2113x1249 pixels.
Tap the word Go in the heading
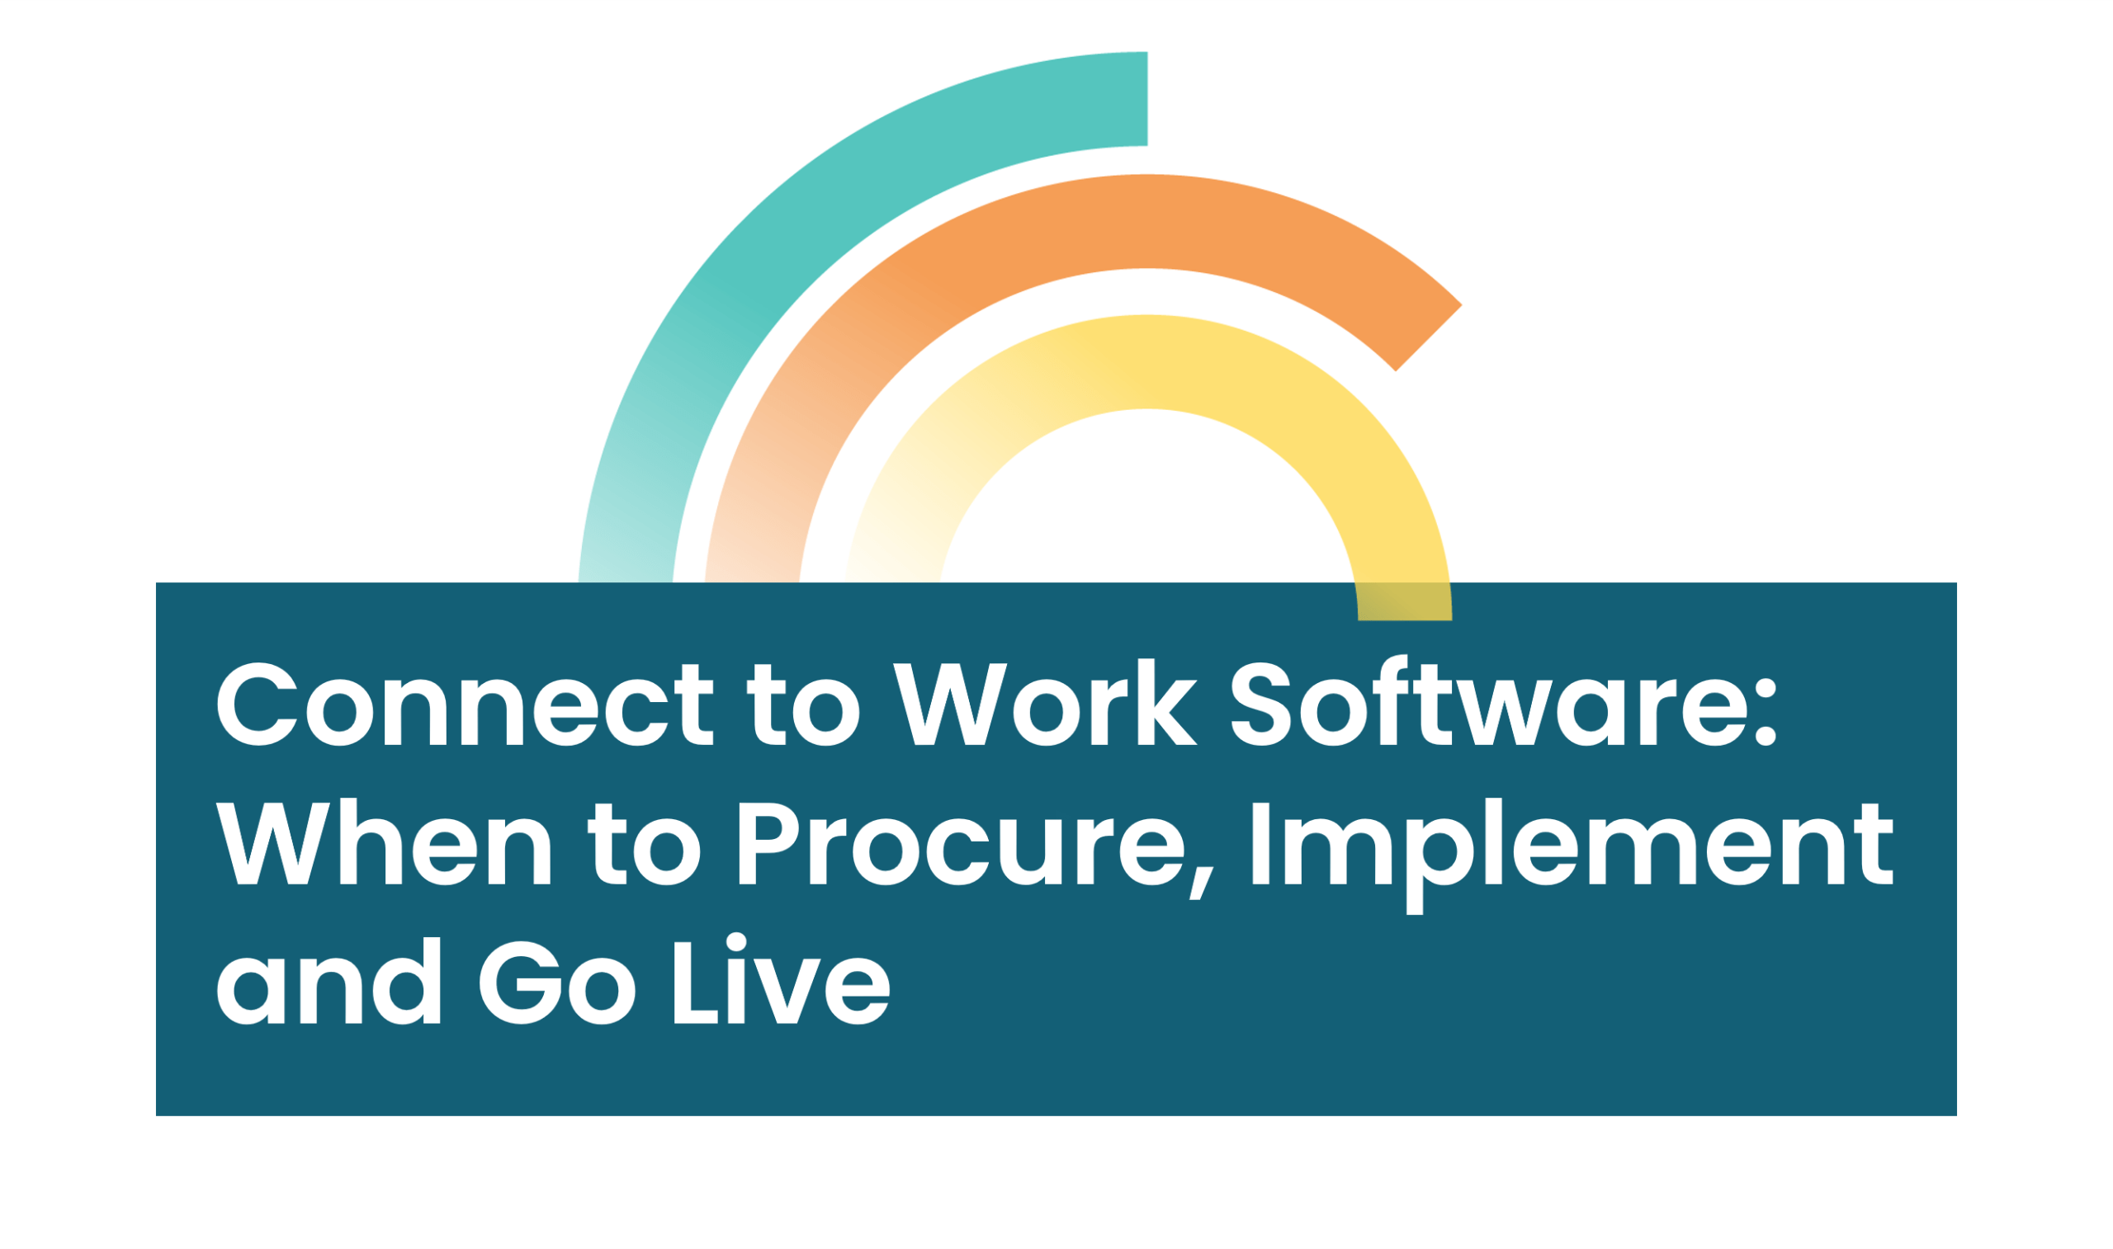click(557, 983)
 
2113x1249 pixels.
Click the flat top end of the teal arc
click(1146, 98)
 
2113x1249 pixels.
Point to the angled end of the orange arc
click(1429, 337)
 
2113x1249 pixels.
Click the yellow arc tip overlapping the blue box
click(1405, 601)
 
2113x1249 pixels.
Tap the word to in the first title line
click(803, 705)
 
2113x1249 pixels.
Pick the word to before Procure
click(644, 844)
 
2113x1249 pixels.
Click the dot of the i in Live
click(736, 942)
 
